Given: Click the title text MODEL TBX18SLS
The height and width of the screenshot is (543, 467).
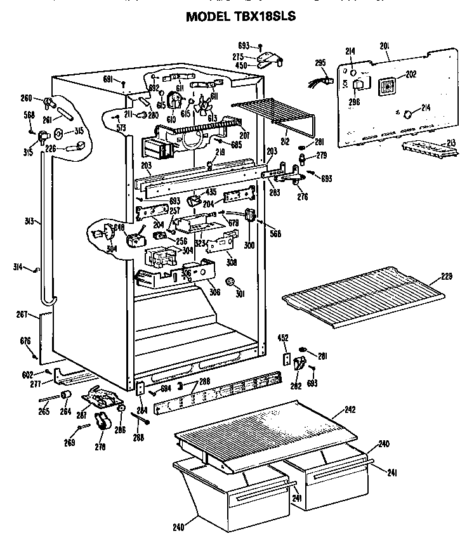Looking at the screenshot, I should [x=240, y=17].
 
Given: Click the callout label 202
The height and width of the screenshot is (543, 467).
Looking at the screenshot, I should [x=411, y=74].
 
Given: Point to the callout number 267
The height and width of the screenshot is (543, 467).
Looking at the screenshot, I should [x=23, y=313].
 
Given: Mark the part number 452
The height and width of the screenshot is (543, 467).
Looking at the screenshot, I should [x=284, y=339].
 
